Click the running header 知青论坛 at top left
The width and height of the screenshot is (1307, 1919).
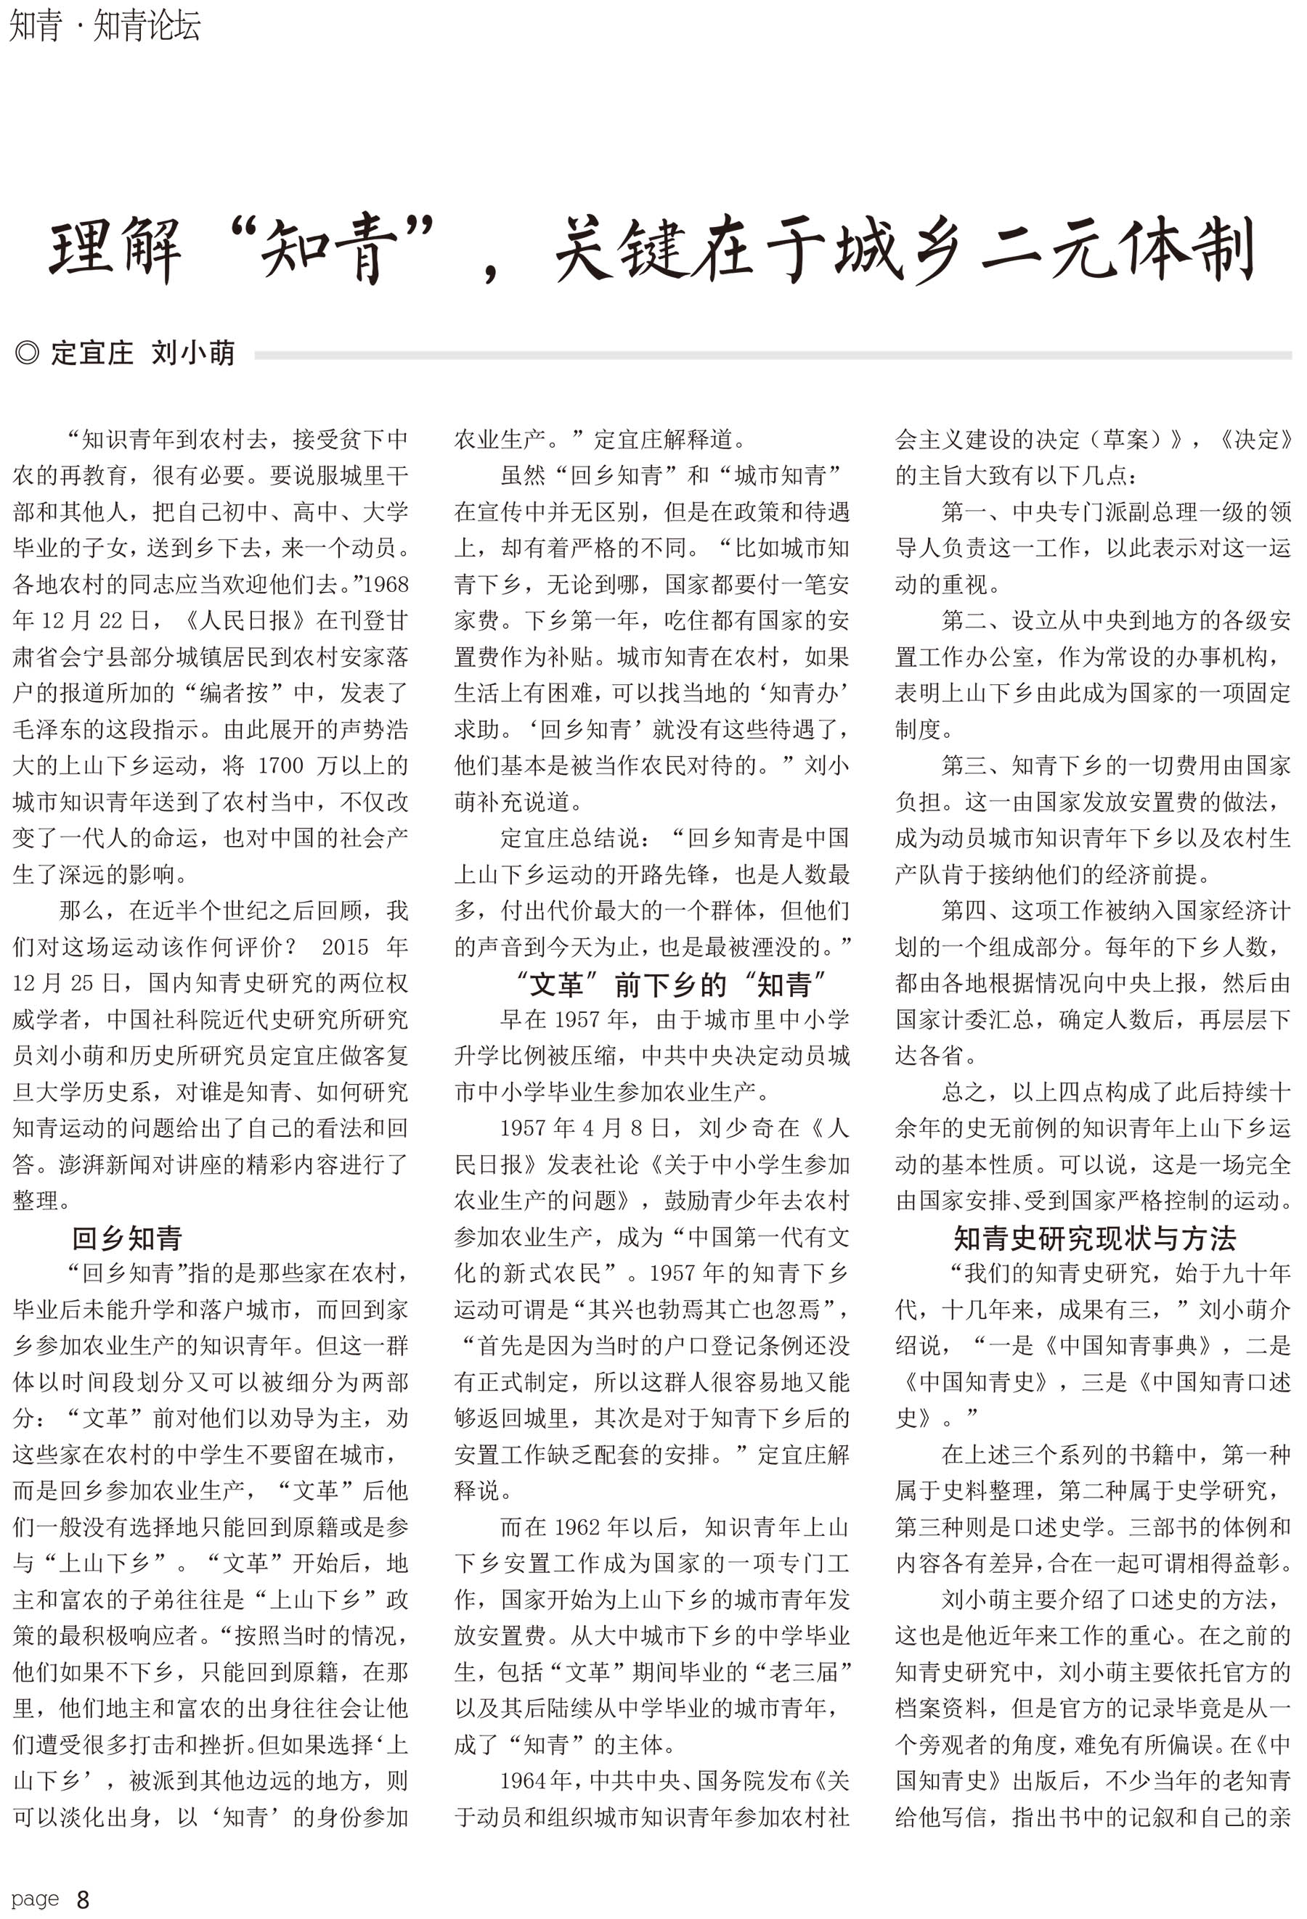click(x=147, y=25)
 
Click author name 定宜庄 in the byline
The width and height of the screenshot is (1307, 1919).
click(x=91, y=353)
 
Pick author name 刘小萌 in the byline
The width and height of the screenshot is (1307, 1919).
click(x=193, y=353)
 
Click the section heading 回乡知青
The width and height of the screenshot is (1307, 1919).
click(x=126, y=1238)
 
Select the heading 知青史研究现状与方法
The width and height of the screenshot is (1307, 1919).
click(x=1095, y=1238)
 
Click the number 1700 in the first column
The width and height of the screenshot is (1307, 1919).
click(x=281, y=765)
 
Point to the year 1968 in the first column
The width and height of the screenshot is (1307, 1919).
click(x=386, y=585)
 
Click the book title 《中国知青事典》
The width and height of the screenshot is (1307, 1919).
click(x=1129, y=1346)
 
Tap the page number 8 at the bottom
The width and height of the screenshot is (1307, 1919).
click(x=83, y=1900)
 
